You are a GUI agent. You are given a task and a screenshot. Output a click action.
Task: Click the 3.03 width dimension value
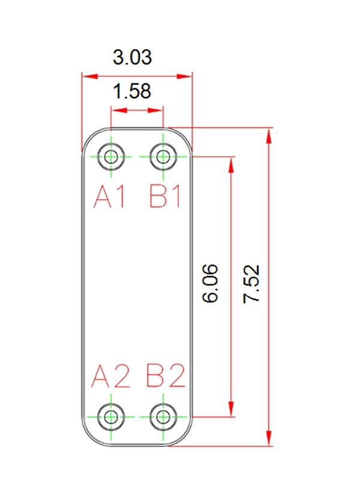tap(132, 57)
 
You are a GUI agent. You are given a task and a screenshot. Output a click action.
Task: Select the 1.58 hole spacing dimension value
tap(132, 91)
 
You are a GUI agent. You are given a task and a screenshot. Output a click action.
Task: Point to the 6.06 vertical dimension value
tap(211, 283)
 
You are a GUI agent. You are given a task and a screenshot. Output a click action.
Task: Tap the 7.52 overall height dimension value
tap(251, 284)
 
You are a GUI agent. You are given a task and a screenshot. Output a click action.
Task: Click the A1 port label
tap(110, 197)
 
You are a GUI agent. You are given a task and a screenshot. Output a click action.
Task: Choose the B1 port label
tap(165, 197)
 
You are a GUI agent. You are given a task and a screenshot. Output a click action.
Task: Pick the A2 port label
tap(110, 376)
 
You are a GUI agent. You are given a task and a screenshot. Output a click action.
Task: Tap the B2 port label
tap(166, 376)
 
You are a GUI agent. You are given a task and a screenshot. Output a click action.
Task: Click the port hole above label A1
tap(111, 157)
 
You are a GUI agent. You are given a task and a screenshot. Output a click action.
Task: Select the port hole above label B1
tap(163, 157)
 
